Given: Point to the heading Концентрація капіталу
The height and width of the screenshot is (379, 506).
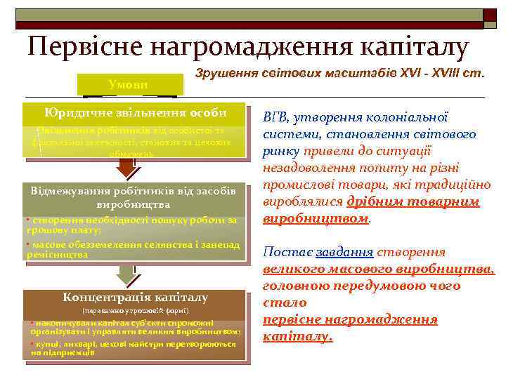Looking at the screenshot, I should (x=135, y=297).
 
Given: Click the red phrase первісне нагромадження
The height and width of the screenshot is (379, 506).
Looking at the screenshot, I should (x=349, y=319).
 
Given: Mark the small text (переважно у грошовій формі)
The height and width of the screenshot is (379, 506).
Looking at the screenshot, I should (x=135, y=310).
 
